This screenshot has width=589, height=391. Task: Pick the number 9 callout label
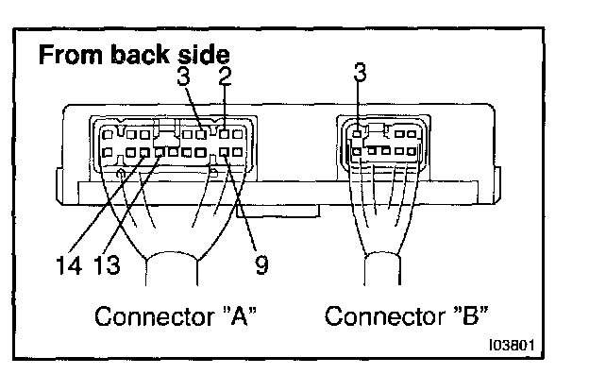click(x=261, y=265)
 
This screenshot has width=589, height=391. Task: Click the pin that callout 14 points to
click(x=145, y=152)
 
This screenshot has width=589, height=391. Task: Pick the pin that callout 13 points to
click(x=161, y=152)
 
